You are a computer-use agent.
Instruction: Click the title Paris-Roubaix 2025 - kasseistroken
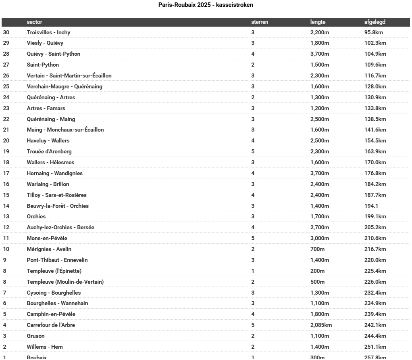[x=206, y=5]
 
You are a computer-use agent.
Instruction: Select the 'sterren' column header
[x=260, y=22]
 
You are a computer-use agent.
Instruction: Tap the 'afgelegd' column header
[x=375, y=22]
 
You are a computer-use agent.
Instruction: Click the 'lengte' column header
[x=318, y=22]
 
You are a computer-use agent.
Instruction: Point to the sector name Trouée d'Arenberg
[x=49, y=151]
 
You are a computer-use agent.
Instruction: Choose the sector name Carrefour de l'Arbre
[x=51, y=325]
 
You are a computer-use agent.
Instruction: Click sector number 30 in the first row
[x=6, y=32]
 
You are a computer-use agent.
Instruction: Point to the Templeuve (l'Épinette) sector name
[x=54, y=271]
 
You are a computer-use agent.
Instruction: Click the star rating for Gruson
[x=253, y=336]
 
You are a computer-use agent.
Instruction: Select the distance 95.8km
[x=373, y=32]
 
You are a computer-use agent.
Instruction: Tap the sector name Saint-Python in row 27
[x=43, y=65]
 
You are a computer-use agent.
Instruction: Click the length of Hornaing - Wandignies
[x=319, y=173]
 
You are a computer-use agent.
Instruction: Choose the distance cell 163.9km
[x=375, y=151]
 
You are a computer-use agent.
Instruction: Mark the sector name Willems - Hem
[x=45, y=347]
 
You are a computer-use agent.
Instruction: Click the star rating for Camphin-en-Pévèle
[x=253, y=314]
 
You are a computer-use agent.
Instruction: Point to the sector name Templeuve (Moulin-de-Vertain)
[x=65, y=282]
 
